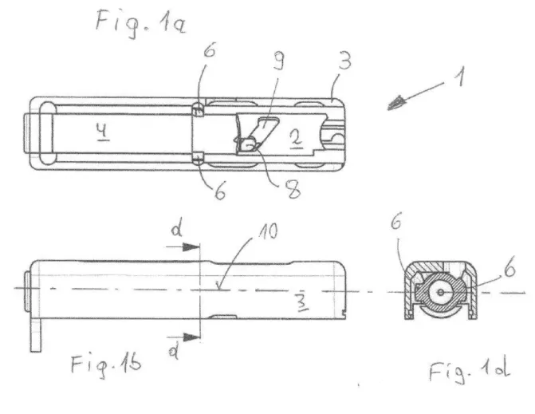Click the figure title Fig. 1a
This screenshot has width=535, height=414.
point(141,23)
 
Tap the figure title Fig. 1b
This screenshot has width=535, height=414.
point(106,365)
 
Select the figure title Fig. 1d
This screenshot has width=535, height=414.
point(470,371)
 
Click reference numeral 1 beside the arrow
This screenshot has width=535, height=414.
point(460,77)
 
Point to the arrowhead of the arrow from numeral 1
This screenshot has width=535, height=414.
point(396,103)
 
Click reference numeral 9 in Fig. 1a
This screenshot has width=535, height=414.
point(279,61)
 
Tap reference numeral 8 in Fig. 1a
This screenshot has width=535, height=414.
point(293,189)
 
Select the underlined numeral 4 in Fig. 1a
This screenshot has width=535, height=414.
point(103,131)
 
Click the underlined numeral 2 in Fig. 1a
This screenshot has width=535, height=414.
point(296,139)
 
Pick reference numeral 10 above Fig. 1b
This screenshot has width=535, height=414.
point(268,232)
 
